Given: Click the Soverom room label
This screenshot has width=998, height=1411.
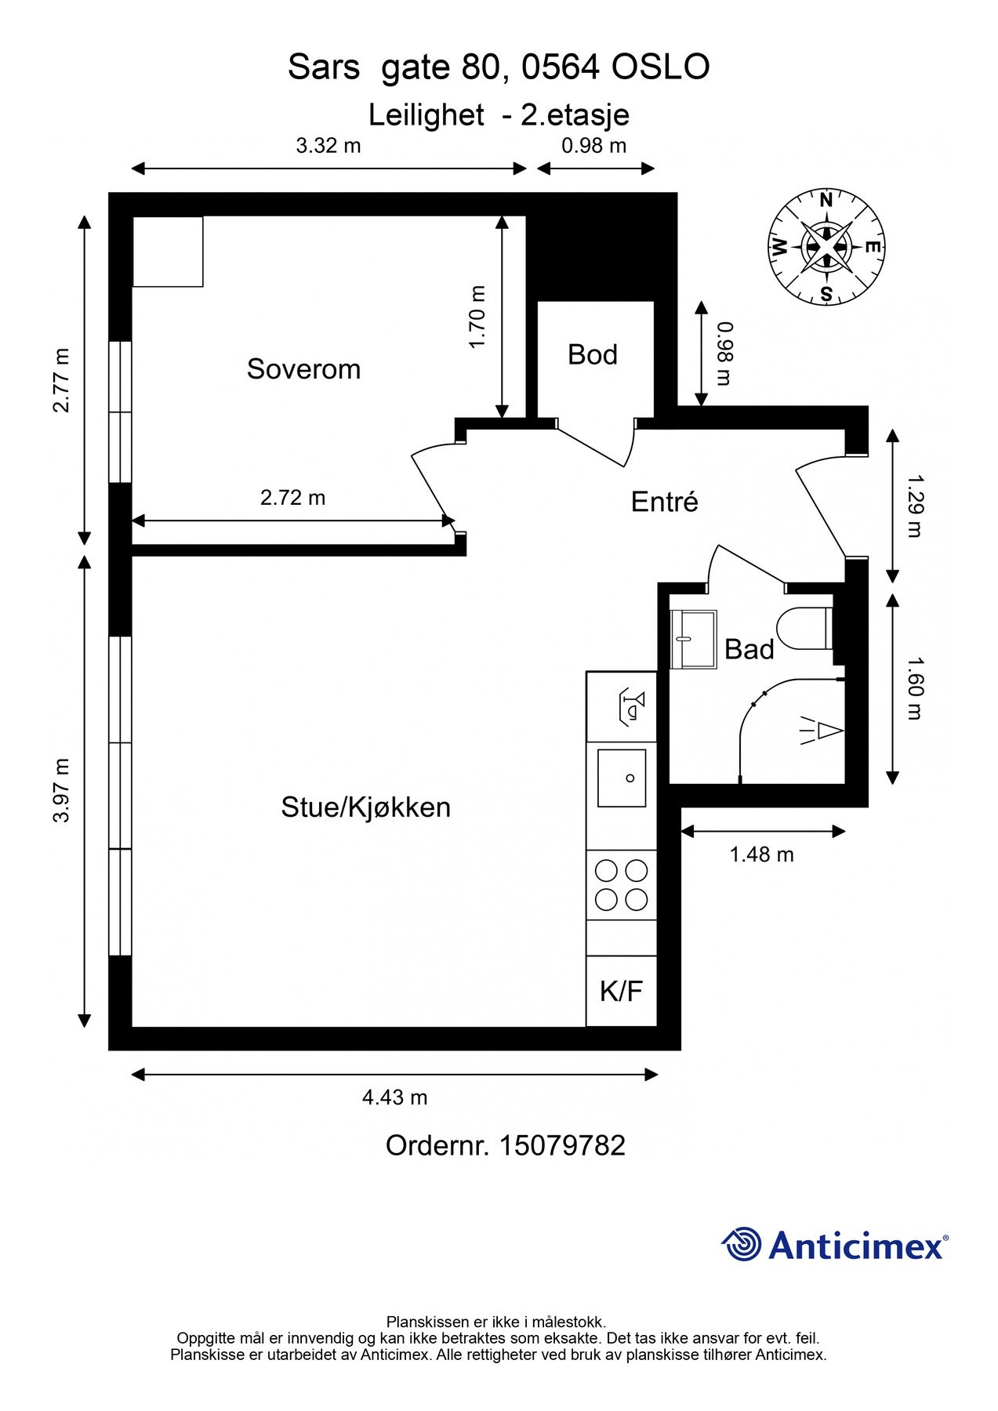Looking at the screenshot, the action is [x=303, y=369].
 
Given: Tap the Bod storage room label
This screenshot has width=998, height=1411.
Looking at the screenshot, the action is [x=593, y=355].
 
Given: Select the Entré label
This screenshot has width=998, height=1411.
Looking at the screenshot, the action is [x=664, y=502].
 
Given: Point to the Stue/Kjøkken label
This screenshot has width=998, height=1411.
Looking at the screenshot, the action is [x=366, y=807].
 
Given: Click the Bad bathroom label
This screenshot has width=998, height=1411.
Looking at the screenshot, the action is [x=749, y=650].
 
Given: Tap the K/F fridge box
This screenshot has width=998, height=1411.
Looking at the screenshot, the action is [x=622, y=991].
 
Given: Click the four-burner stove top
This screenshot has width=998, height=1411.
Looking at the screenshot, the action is [x=622, y=885].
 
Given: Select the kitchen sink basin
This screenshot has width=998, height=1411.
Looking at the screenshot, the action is [x=622, y=778].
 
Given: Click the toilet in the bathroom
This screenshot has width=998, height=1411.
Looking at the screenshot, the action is [x=804, y=628].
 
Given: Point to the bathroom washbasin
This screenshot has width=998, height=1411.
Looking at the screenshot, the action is [x=694, y=639].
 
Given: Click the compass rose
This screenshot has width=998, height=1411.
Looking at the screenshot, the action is [x=826, y=247].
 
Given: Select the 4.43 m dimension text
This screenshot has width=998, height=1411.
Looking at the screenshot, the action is [x=394, y=1097].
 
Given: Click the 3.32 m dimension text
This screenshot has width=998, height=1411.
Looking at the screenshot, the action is [x=328, y=146].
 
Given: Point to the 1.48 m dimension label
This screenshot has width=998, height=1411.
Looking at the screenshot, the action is [x=762, y=854].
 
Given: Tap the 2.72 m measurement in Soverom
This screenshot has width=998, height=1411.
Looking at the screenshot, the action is [x=292, y=498].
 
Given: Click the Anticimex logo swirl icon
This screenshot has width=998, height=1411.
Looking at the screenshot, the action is [x=742, y=1245].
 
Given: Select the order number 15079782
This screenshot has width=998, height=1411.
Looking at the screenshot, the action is [x=562, y=1146].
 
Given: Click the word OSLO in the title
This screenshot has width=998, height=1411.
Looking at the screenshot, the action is [x=661, y=67].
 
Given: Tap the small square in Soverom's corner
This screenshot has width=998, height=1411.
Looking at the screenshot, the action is [x=168, y=252].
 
